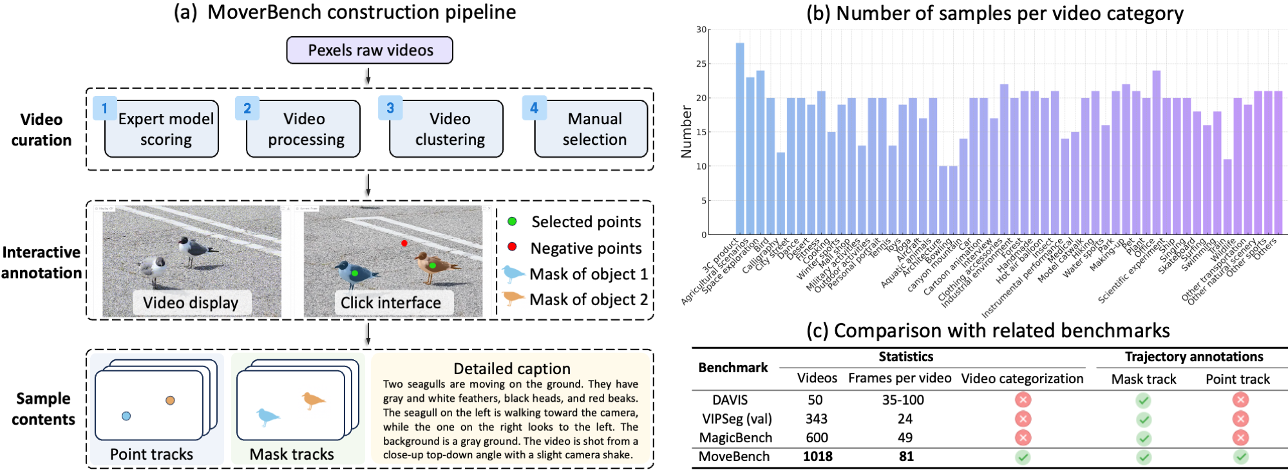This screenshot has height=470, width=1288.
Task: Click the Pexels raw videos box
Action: coord(370,50)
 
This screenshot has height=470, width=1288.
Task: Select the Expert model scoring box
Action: coord(162,129)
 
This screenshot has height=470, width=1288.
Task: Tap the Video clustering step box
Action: coord(447,129)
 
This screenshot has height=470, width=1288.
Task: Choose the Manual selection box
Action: coord(592,129)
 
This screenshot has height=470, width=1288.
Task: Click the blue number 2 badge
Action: coord(247,108)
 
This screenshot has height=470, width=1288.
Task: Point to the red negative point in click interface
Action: coord(404,243)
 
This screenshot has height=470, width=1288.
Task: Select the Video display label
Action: coord(191,303)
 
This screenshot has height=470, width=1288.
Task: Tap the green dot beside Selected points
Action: coord(512,221)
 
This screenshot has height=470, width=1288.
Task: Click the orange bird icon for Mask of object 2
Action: coord(513,298)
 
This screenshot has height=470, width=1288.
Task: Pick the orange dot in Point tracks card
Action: coord(170,400)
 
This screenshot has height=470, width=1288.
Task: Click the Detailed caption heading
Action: coord(512,368)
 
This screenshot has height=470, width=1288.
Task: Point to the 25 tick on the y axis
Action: coord(701,64)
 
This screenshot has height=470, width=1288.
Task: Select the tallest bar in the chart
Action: coord(740,138)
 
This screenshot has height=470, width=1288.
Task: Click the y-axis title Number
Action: coord(687,132)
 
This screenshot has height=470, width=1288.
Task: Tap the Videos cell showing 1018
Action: coord(817,456)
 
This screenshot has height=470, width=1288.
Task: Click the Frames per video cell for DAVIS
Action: coord(903,400)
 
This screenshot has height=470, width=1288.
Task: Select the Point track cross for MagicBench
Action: coord(1240,438)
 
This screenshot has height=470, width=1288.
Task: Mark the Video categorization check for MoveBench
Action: coord(1023,457)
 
